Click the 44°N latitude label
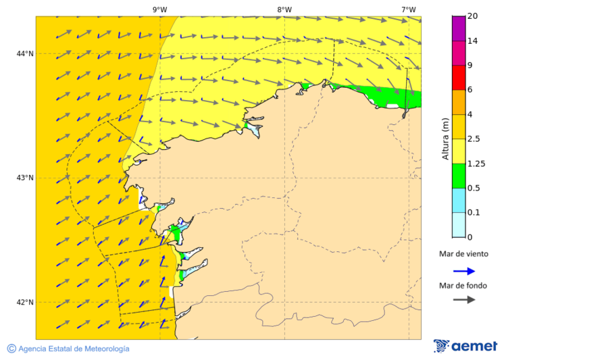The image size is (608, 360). tap(25, 53)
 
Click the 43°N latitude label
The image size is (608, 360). tap(25, 178)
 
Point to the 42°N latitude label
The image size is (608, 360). tap(25, 302)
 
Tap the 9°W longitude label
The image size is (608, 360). tap(160, 9)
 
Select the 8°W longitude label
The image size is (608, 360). tap(284, 9)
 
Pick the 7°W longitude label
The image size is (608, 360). tap(408, 9)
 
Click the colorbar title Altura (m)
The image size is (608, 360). tap(445, 139)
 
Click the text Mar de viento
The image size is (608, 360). tap(463, 255)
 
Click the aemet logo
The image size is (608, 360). tap(465, 346)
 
